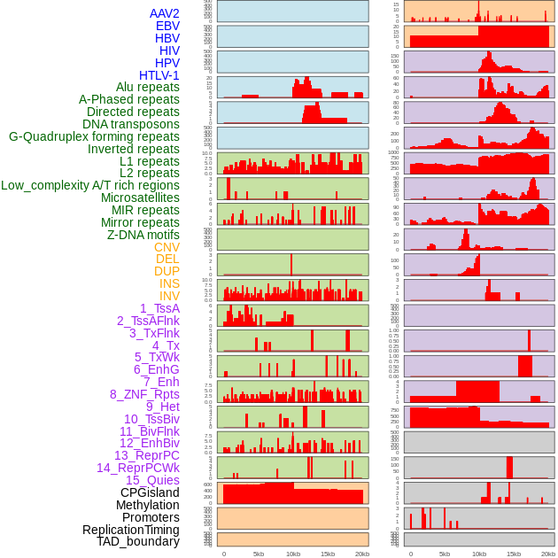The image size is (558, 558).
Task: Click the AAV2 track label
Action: [x=164, y=13]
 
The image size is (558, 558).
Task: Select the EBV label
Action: [x=167, y=26]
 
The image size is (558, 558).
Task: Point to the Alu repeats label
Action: [x=147, y=87]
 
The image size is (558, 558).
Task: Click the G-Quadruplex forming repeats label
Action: [x=94, y=136]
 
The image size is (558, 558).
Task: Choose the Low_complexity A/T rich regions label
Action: [x=90, y=185]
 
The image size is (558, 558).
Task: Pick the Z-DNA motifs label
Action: [x=143, y=235]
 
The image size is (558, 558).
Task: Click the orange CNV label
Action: [x=167, y=247]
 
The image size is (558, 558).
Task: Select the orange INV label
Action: [x=169, y=296]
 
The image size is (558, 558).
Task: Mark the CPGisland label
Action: [x=150, y=492]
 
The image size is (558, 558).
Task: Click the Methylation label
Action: [x=147, y=505]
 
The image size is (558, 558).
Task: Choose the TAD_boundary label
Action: [x=138, y=541]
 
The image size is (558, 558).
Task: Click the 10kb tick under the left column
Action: [x=292, y=554]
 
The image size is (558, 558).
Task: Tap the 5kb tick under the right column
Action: [x=445, y=554]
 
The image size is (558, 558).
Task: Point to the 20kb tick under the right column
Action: [x=548, y=554]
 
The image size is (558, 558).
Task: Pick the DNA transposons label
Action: [x=131, y=124]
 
